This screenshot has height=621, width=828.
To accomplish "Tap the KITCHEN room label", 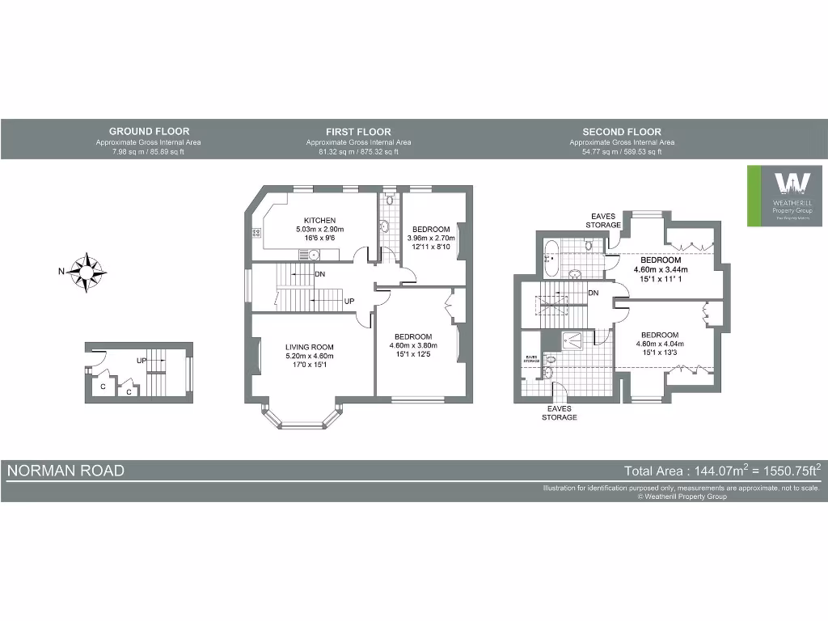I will [x=319, y=220].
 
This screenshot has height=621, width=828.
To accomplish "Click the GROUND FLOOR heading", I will [x=149, y=131].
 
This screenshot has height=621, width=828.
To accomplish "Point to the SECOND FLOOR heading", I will [x=621, y=132].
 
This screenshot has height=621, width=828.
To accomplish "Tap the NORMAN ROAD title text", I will [x=66, y=471].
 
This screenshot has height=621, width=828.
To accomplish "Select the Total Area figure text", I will [x=723, y=471].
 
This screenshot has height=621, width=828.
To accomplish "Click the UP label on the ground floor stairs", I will [x=141, y=360].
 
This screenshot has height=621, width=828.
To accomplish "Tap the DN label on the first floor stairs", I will [x=320, y=274].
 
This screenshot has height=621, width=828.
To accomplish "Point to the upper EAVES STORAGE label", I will [x=604, y=220].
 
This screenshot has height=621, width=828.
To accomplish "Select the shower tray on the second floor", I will [x=578, y=340].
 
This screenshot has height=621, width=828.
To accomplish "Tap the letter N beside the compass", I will [x=61, y=272].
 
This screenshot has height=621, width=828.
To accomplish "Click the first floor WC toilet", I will [x=388, y=199].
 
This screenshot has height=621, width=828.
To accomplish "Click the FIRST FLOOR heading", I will [x=358, y=132].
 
